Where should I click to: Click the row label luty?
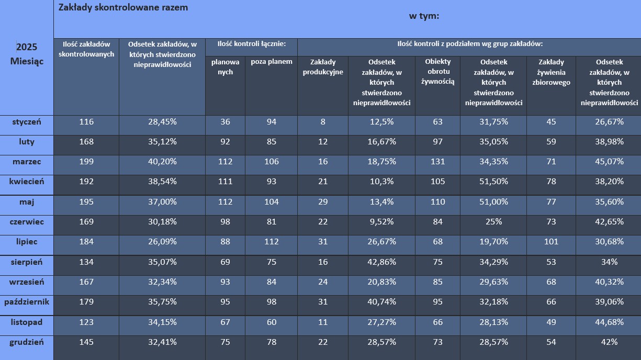tap(26, 142)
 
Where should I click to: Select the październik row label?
tap(26, 302)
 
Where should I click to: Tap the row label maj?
tap(26, 202)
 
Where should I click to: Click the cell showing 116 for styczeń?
tap(86, 122)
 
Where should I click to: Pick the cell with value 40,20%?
tap(162, 162)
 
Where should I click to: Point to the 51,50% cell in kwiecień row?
tap(493, 182)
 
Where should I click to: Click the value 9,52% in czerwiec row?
tap(381, 222)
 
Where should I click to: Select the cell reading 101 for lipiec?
tap(550, 242)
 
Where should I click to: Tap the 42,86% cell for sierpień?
tap(381, 262)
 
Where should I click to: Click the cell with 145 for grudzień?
tap(86, 342)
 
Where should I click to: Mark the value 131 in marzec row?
tap(437, 162)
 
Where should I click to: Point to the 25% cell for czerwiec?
tap(493, 222)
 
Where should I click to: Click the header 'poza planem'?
tap(271, 62)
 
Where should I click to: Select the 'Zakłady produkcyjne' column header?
tap(323, 67)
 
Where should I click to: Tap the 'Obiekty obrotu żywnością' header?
tap(437, 72)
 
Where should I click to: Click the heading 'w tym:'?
tap(424, 16)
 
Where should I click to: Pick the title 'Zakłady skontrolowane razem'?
tap(123, 8)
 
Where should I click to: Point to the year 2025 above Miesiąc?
tap(27, 47)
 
